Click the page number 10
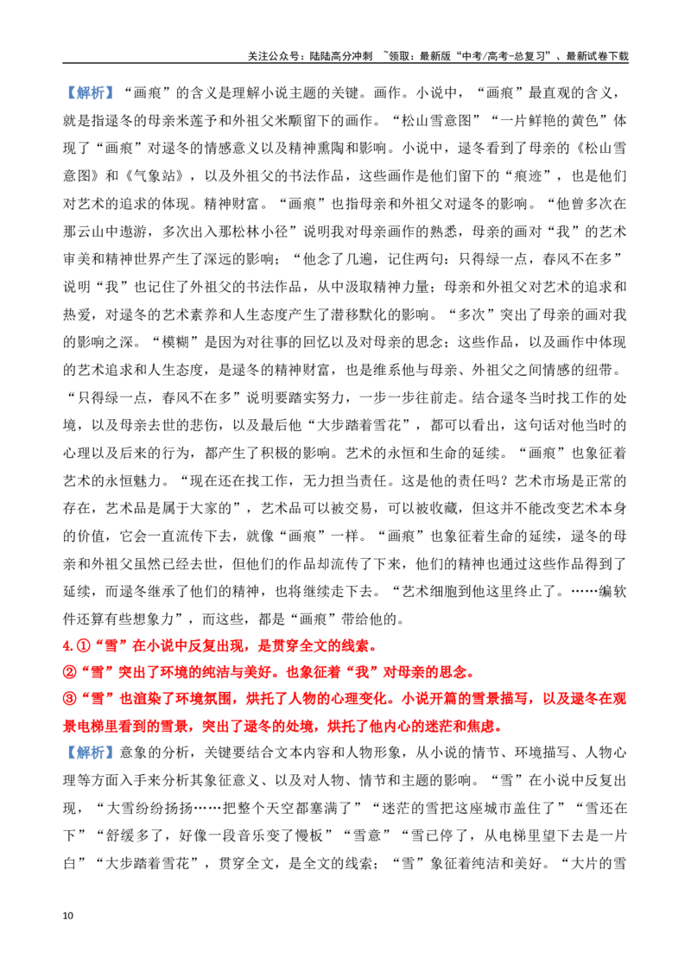68,916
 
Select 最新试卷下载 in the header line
598,56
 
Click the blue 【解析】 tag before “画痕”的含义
91,93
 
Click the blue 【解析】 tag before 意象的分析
91,753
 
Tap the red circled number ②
70,673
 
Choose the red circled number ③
70,699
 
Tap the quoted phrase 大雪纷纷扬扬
149,808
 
